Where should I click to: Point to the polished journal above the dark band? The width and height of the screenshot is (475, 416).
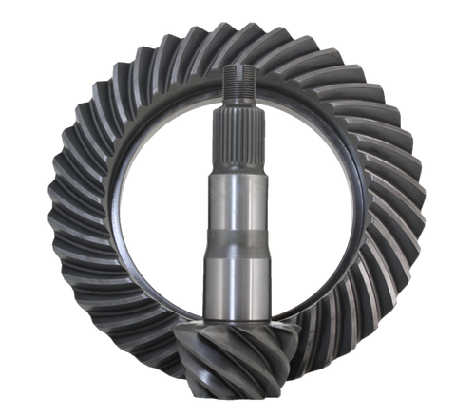[237, 199]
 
